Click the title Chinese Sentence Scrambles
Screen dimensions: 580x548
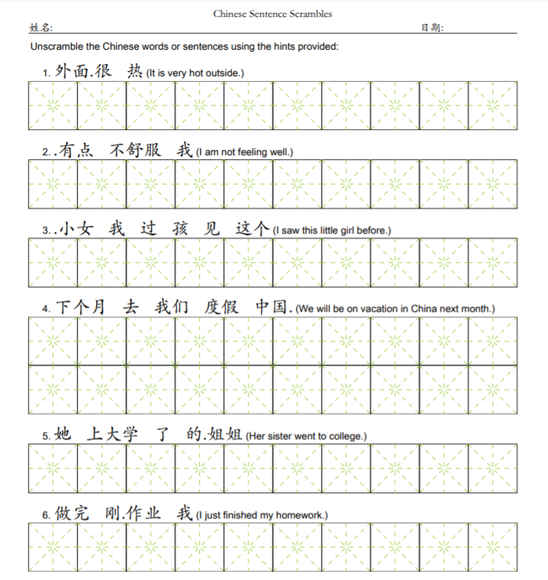click(x=273, y=14)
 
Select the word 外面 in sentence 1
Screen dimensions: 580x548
click(x=72, y=71)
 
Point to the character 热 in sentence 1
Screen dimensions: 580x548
click(x=135, y=71)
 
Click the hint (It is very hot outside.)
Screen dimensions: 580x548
click(x=195, y=73)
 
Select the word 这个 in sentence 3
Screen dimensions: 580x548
click(x=253, y=229)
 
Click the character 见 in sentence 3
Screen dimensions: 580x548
click(x=212, y=229)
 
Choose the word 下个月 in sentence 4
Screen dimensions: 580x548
click(x=80, y=307)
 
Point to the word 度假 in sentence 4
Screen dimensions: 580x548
click(x=222, y=307)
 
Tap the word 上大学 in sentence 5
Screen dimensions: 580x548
click(x=112, y=434)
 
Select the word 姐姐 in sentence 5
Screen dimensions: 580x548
click(x=226, y=434)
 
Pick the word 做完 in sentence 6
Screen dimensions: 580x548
click(x=72, y=513)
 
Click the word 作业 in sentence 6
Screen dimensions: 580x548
click(x=145, y=513)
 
